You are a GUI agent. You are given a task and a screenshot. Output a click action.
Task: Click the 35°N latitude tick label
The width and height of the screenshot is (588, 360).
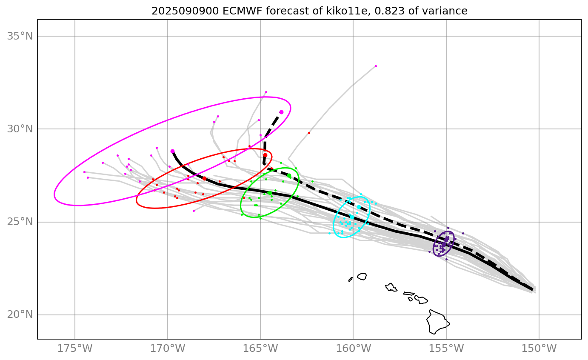[20, 36]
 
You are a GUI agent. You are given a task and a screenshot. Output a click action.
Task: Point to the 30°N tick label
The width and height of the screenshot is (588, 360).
[20, 129]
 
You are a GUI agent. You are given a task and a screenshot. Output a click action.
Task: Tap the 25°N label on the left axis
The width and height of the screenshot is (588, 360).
[20, 222]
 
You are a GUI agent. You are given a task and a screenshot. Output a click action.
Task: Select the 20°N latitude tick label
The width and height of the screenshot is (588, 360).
[20, 315]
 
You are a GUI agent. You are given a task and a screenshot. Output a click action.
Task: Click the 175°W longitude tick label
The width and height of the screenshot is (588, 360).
[75, 349]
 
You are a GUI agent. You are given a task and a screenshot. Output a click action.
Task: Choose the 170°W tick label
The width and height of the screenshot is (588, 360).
[168, 349]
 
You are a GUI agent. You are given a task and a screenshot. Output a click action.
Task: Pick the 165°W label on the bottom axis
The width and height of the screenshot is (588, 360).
[260, 349]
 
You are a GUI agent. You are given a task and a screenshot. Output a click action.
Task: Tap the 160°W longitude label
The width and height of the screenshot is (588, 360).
[353, 349]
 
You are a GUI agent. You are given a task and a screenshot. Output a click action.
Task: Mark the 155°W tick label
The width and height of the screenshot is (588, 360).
[446, 349]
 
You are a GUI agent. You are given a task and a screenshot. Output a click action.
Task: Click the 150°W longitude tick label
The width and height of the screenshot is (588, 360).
[539, 349]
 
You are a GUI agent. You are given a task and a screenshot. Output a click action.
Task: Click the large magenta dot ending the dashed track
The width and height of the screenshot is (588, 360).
[281, 112]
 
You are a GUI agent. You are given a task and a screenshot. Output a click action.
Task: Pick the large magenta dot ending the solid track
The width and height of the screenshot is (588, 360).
[172, 151]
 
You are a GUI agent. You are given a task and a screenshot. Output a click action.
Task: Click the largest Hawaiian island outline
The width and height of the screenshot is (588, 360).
[437, 322]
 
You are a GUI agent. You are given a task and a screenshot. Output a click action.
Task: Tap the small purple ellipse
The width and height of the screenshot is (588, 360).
[444, 243]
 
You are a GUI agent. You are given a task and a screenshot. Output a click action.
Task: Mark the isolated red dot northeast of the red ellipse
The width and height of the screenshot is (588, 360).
[309, 133]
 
